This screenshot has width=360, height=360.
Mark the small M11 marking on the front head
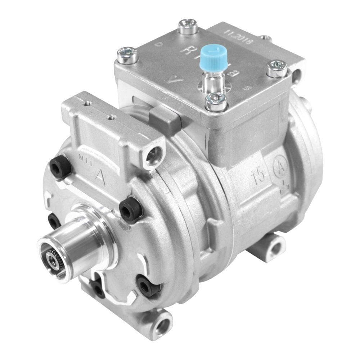tap(83, 159)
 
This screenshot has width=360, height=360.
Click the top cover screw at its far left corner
tap(127, 55)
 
